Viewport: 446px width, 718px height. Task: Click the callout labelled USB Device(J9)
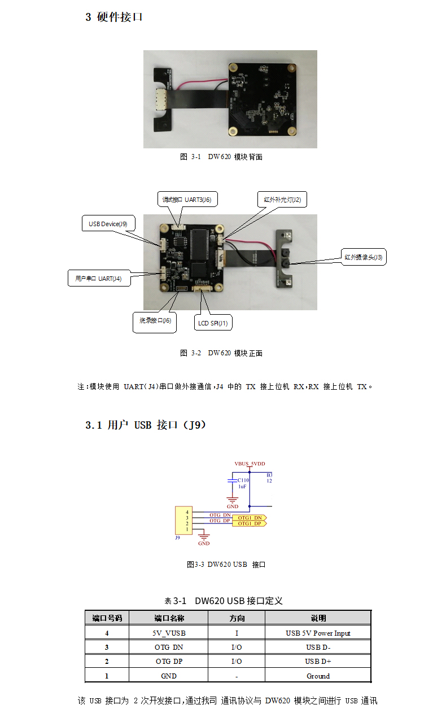click(x=108, y=224)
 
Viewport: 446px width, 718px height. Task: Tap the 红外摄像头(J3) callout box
click(x=363, y=257)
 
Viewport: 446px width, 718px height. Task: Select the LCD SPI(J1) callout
click(x=213, y=323)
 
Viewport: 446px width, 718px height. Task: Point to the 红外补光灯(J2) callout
click(x=282, y=199)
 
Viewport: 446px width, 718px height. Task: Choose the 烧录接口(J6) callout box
click(x=155, y=320)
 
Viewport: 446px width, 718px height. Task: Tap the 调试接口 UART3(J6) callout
click(x=186, y=199)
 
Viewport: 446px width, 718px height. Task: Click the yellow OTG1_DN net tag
click(x=250, y=518)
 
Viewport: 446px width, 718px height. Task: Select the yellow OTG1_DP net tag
click(x=250, y=524)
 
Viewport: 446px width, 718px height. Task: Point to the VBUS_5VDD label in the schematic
click(x=250, y=464)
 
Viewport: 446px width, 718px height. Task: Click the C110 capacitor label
click(x=243, y=480)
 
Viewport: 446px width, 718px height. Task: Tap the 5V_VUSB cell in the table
click(x=168, y=633)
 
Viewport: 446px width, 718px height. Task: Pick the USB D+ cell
click(x=318, y=661)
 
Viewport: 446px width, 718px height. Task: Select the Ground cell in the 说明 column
click(x=318, y=676)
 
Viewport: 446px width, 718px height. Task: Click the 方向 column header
click(x=236, y=618)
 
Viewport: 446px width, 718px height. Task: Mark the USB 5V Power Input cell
click(x=318, y=633)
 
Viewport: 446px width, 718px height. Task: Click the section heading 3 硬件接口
click(x=114, y=17)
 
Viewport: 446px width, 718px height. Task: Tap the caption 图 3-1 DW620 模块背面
click(x=221, y=157)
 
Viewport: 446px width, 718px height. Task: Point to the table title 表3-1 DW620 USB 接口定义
click(x=223, y=601)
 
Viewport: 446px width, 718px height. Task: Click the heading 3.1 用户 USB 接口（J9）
click(x=146, y=425)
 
